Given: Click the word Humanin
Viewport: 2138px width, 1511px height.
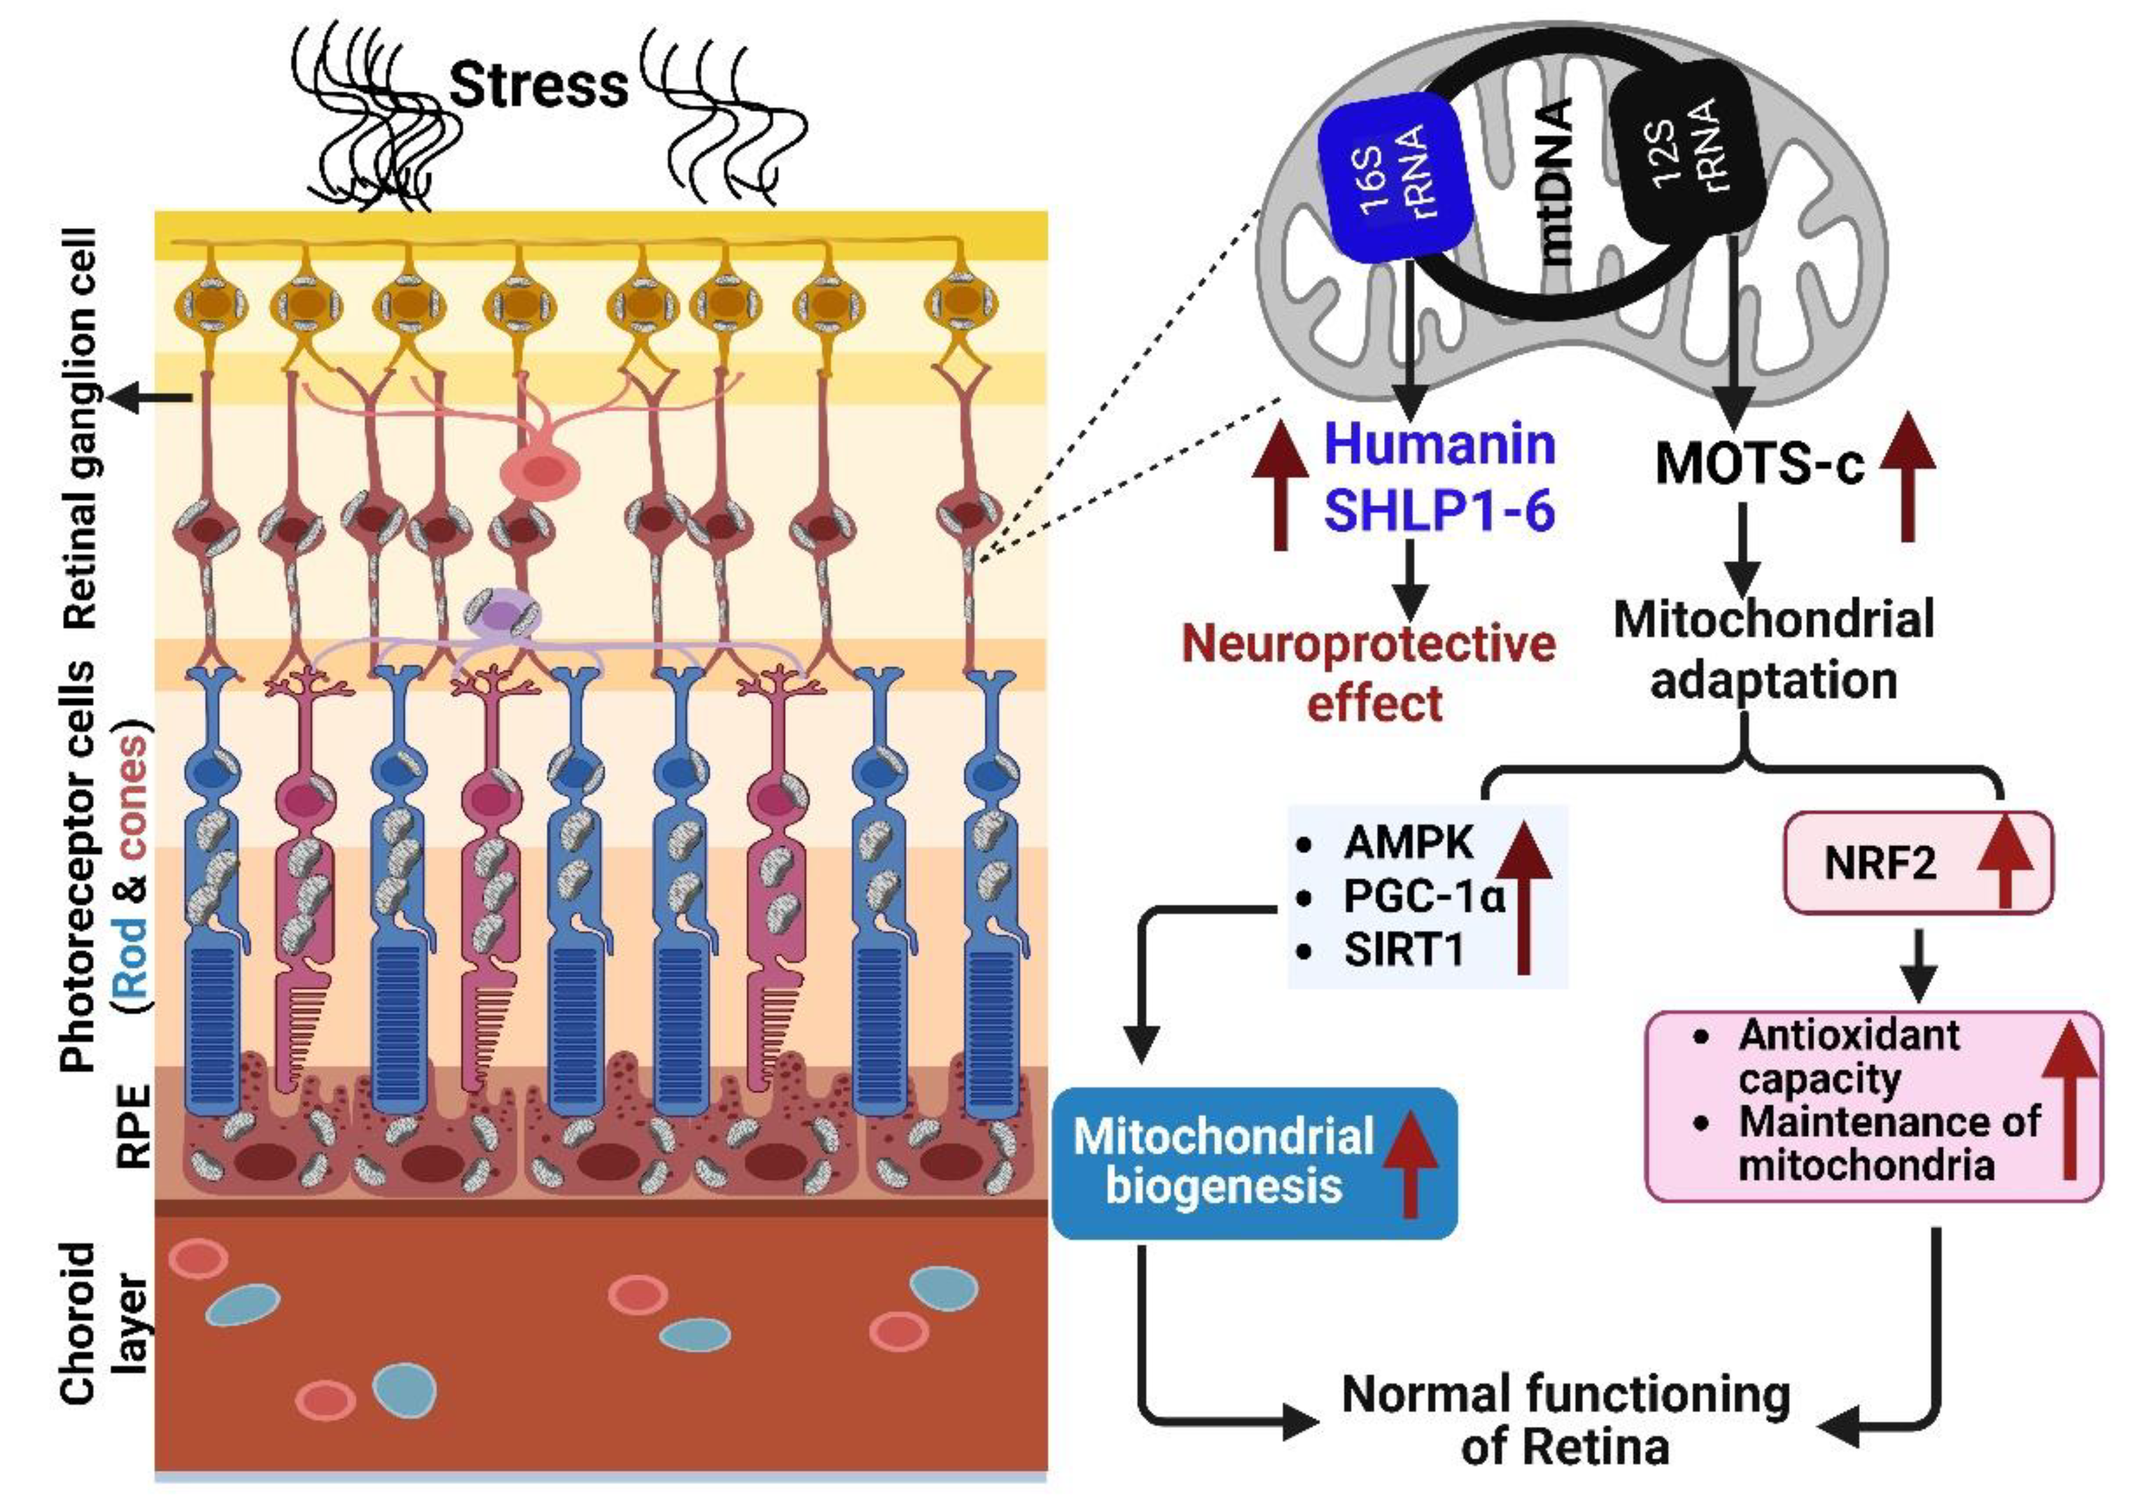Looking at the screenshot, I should pos(1440,445).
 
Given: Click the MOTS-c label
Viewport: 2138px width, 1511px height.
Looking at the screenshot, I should pos(1759,463).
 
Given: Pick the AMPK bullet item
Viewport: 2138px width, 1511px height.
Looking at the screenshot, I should pos(1407,843).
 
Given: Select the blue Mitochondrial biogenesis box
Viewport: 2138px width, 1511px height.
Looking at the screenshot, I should pos(1254,1163).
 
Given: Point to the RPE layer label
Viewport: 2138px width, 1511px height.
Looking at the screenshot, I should pos(133,1126).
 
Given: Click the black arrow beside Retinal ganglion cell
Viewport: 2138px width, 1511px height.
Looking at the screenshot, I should pos(149,398).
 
